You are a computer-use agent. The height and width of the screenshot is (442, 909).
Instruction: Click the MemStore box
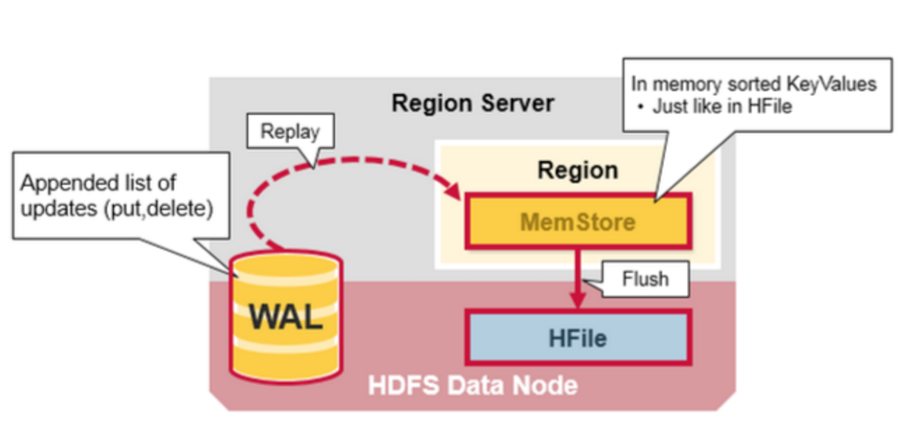click(x=578, y=221)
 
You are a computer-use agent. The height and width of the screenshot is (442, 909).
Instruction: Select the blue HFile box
click(x=578, y=338)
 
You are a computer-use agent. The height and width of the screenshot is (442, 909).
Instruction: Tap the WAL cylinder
click(x=286, y=316)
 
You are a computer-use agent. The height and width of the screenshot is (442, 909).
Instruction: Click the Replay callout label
click(x=290, y=131)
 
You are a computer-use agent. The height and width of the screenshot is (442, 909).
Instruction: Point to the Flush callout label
click(x=645, y=279)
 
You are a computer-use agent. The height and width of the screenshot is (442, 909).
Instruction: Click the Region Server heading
click(x=473, y=104)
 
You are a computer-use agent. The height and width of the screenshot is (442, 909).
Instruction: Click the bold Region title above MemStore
click(x=578, y=170)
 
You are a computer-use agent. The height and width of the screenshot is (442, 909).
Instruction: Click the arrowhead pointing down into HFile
click(x=578, y=300)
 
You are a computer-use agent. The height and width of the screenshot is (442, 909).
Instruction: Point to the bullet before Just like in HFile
click(x=641, y=108)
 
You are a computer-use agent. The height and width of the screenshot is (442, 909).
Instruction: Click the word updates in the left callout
click(x=58, y=209)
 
